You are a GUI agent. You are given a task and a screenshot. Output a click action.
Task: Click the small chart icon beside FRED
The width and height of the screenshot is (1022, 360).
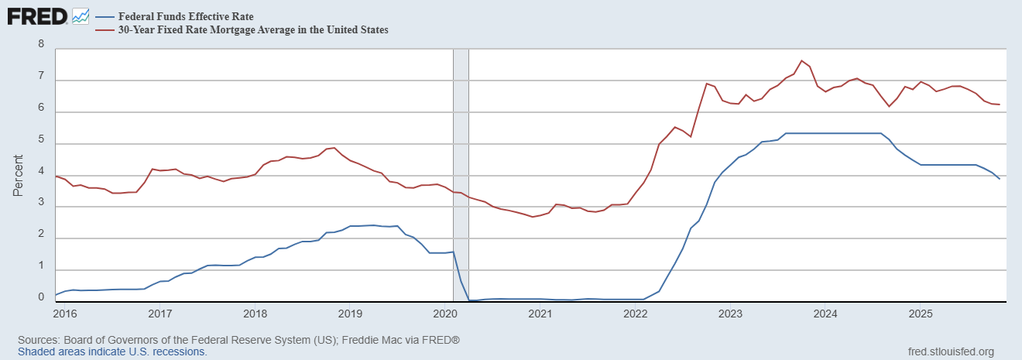[x=81, y=15]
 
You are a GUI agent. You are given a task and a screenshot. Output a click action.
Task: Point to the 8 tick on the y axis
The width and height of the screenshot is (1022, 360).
[x=40, y=45]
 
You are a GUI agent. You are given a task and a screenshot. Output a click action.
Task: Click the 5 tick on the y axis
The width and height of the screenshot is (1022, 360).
[x=40, y=143]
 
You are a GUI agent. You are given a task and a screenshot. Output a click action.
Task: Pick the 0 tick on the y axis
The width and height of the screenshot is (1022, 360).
[x=40, y=296]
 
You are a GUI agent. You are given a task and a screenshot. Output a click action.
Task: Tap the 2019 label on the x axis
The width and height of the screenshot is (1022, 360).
[x=350, y=314]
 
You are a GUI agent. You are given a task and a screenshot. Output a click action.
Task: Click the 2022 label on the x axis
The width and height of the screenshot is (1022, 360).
[x=635, y=314]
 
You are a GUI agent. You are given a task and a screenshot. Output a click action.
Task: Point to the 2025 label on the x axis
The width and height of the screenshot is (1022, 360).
[x=921, y=314]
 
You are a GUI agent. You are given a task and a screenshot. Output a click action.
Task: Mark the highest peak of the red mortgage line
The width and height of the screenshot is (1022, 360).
[x=801, y=60]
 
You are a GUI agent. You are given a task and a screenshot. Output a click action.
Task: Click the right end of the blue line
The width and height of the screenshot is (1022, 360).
[x=1000, y=179]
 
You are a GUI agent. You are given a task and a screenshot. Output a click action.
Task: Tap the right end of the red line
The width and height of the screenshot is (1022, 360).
[x=1000, y=105]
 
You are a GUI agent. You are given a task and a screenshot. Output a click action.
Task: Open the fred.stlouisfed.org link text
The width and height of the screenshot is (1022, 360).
[x=950, y=351]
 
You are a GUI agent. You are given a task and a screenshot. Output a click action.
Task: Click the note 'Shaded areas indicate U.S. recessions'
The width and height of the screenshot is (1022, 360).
[x=112, y=351]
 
